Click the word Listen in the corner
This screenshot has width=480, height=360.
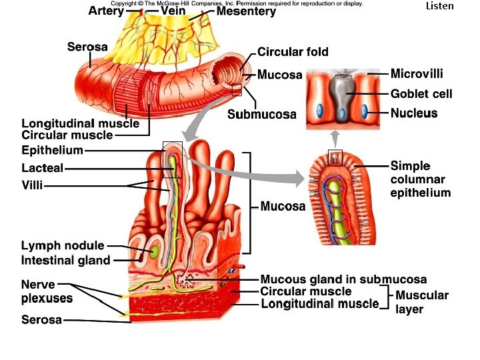(x=439, y=6)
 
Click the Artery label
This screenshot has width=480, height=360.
(x=106, y=11)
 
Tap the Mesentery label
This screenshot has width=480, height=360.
(x=246, y=11)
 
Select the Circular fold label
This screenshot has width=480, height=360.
(x=293, y=52)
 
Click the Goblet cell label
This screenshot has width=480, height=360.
(x=421, y=93)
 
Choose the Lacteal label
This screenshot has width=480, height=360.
(x=43, y=168)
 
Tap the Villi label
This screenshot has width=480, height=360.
(x=32, y=185)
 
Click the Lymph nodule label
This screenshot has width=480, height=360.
(x=63, y=246)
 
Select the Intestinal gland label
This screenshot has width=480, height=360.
(x=66, y=260)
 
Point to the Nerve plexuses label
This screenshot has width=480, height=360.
(x=47, y=291)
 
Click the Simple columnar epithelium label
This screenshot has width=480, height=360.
(x=420, y=179)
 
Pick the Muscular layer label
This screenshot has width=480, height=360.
(x=422, y=302)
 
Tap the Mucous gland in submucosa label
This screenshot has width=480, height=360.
(x=343, y=279)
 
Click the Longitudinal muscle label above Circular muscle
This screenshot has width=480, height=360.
(x=81, y=123)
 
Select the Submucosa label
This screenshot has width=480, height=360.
(x=262, y=115)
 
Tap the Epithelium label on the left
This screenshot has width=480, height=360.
(x=53, y=150)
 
